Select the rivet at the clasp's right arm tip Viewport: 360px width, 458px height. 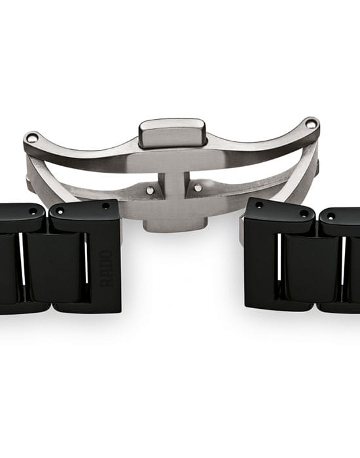(x=311, y=124)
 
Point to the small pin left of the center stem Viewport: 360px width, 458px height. (x=150, y=190)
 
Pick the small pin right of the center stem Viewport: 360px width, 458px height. (x=198, y=187)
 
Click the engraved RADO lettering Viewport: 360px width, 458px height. (x=106, y=269)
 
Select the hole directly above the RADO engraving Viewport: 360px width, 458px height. (x=106, y=206)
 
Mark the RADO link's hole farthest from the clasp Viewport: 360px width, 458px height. (x=60, y=211)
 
